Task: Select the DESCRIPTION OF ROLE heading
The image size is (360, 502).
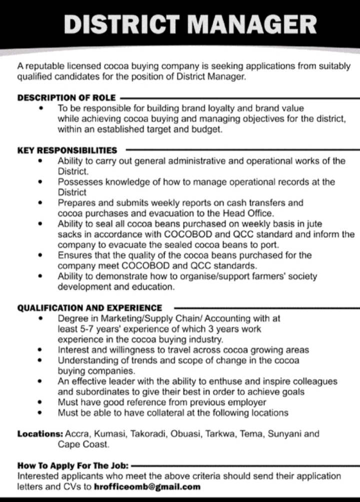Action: click(x=66, y=97)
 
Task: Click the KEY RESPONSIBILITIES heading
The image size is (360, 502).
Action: click(x=67, y=150)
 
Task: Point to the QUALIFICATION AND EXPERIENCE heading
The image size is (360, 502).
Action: click(x=90, y=308)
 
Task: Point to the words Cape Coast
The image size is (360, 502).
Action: click(x=83, y=444)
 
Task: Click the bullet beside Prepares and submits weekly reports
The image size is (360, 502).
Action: click(x=39, y=203)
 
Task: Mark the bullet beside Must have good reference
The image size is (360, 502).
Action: click(x=39, y=403)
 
